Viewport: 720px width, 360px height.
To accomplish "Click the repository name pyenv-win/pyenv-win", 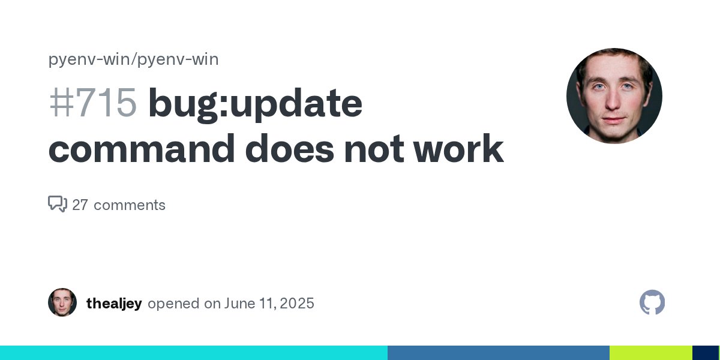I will [133, 59].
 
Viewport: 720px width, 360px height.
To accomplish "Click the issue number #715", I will [93, 104].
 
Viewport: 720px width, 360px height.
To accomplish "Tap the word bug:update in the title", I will [255, 104].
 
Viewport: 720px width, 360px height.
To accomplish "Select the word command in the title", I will [142, 149].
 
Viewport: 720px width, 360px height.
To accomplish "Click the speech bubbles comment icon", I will [57, 205].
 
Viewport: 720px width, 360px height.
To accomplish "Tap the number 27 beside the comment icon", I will [80, 205].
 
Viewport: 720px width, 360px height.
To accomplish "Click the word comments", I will [130, 205].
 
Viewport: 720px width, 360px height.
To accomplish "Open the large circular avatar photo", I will [614, 96].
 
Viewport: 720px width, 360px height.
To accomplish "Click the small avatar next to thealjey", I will [62, 302].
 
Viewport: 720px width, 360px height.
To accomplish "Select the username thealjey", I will [114, 304].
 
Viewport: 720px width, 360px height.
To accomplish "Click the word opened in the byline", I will [174, 304].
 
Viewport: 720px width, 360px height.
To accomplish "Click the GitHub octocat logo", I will [652, 302].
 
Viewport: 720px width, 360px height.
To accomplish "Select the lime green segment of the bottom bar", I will [650, 353].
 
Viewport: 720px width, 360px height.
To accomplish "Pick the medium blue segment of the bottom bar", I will [498, 353].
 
